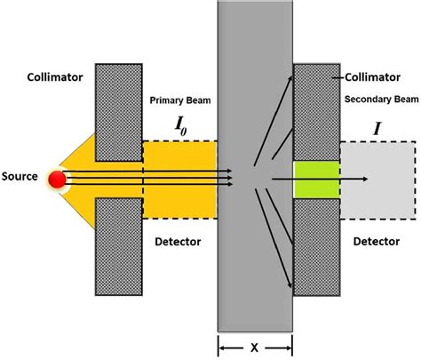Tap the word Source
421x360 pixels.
click(x=20, y=177)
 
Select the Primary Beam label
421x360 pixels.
click(x=180, y=100)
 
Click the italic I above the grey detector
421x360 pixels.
click(x=377, y=130)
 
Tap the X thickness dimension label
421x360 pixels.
click(x=255, y=342)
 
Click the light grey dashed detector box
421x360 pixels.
click(x=391, y=178)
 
